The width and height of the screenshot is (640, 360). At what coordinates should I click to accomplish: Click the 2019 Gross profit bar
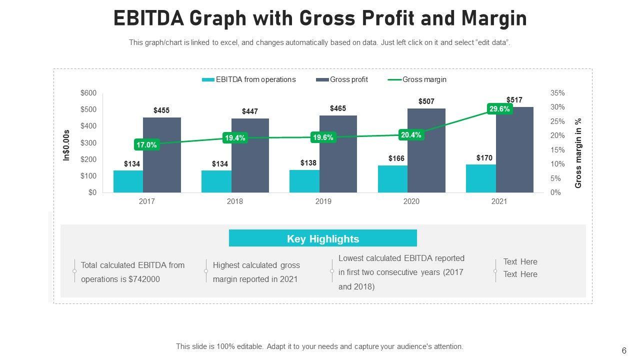click(338, 154)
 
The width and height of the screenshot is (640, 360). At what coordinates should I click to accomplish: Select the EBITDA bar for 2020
click(392, 179)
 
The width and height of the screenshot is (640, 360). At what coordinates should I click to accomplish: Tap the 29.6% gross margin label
click(499, 109)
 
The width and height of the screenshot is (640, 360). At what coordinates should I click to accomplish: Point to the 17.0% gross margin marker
click(146, 145)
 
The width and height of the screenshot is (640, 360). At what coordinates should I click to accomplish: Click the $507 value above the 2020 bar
click(426, 101)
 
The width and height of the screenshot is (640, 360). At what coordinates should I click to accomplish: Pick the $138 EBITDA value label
click(308, 163)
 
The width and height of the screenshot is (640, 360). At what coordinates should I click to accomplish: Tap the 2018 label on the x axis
click(235, 201)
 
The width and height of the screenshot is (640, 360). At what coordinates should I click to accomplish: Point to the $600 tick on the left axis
click(88, 93)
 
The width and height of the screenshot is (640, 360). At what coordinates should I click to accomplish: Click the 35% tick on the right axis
click(557, 93)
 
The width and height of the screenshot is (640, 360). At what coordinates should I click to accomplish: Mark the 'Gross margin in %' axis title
click(578, 153)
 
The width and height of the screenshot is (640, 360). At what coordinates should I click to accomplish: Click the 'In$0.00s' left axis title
click(66, 145)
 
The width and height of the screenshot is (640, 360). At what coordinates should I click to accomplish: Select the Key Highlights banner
click(323, 238)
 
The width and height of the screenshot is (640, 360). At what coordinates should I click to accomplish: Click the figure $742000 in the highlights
click(144, 279)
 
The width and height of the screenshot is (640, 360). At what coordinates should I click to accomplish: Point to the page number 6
click(624, 350)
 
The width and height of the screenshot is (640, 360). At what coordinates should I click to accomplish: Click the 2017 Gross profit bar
click(161, 155)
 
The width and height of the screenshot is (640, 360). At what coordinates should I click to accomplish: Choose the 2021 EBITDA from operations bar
click(480, 178)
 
